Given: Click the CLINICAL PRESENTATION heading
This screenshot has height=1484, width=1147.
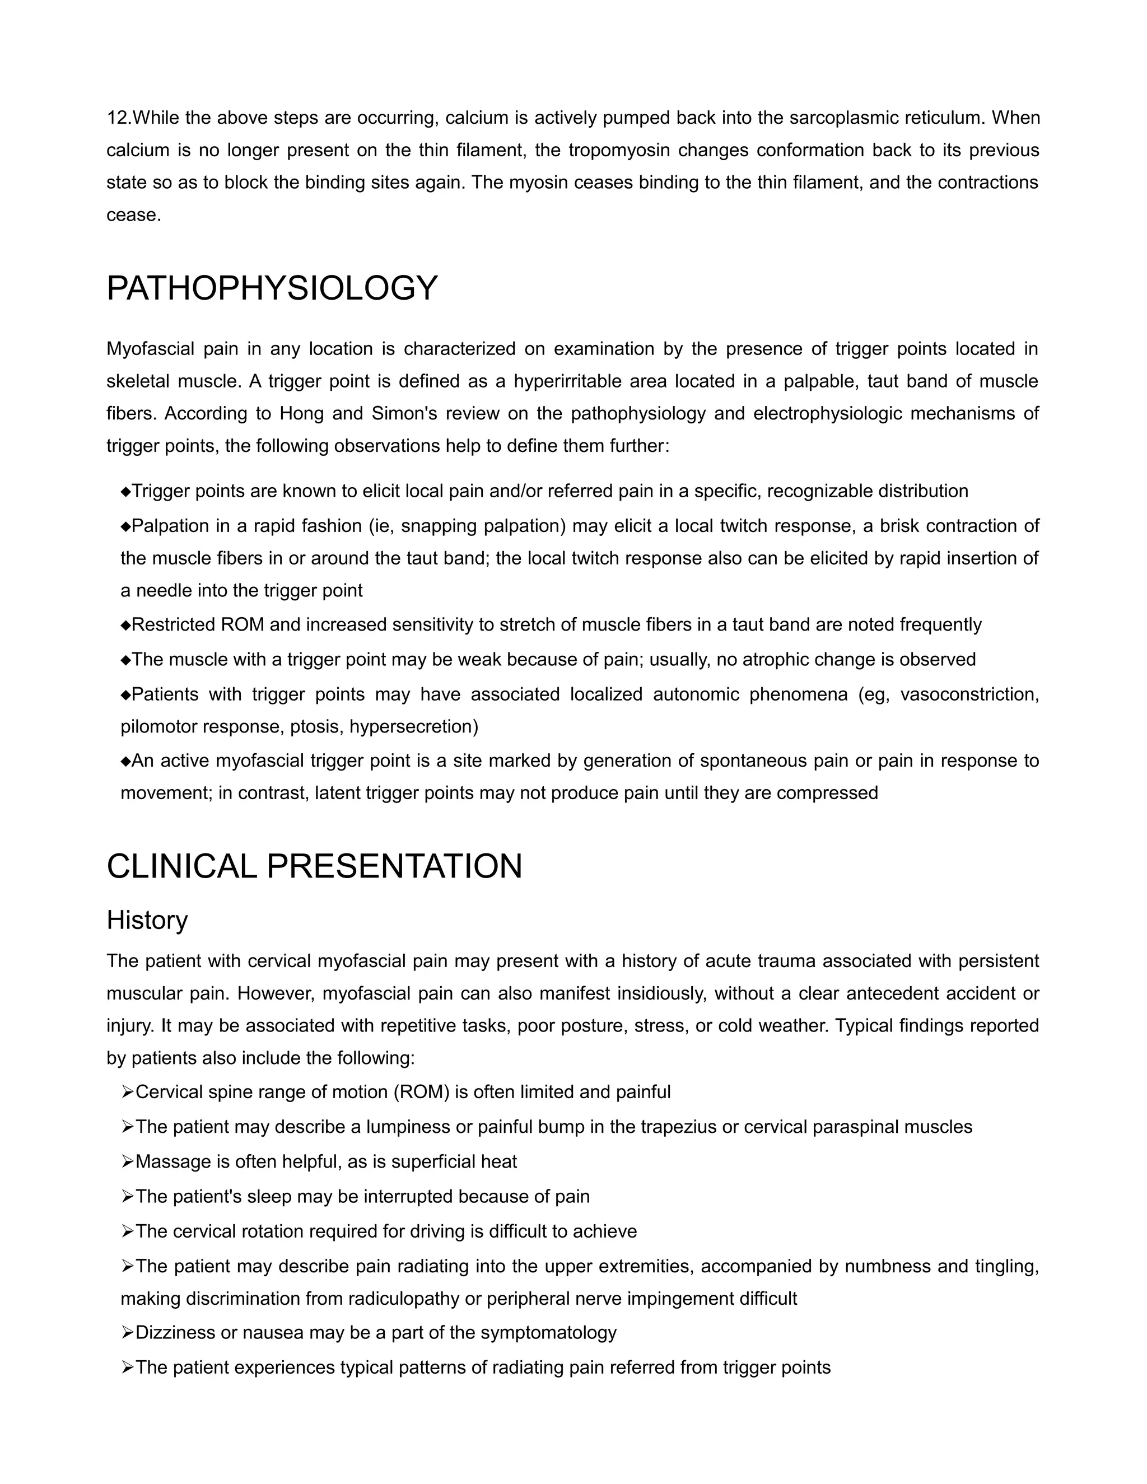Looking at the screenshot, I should [314, 866].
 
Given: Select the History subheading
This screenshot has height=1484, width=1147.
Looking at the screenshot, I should [147, 920].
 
